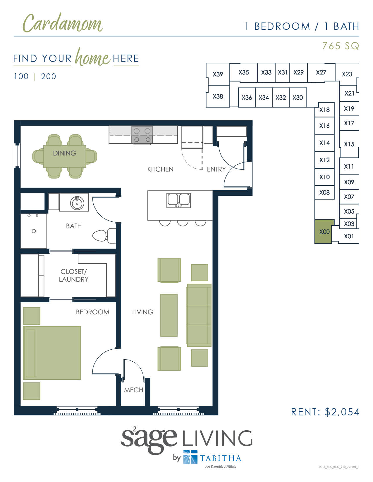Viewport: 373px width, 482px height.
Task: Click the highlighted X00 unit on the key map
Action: tap(324, 232)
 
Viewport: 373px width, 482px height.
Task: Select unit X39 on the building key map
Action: tap(218, 74)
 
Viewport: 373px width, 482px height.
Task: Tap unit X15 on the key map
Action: tap(349, 144)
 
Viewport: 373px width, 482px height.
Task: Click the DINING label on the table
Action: tap(65, 153)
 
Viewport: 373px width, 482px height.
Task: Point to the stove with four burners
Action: tap(142, 135)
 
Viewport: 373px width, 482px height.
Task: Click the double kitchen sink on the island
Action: tap(178, 200)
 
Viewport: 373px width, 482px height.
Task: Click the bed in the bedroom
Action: tap(52, 353)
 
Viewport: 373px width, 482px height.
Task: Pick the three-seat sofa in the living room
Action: tap(199, 315)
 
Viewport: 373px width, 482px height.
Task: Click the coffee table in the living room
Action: tap(169, 315)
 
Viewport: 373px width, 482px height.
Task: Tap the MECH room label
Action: tap(133, 390)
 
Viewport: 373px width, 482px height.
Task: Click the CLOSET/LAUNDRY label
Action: tap(74, 275)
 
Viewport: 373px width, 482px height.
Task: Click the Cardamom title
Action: tap(63, 23)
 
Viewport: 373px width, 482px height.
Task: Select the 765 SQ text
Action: tap(340, 46)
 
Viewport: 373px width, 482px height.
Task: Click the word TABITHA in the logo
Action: tap(221, 458)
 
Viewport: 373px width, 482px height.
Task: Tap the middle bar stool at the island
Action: tap(183, 223)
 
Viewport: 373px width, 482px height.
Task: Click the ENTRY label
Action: tap(216, 169)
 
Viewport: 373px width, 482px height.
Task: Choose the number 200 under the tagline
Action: tap(49, 77)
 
